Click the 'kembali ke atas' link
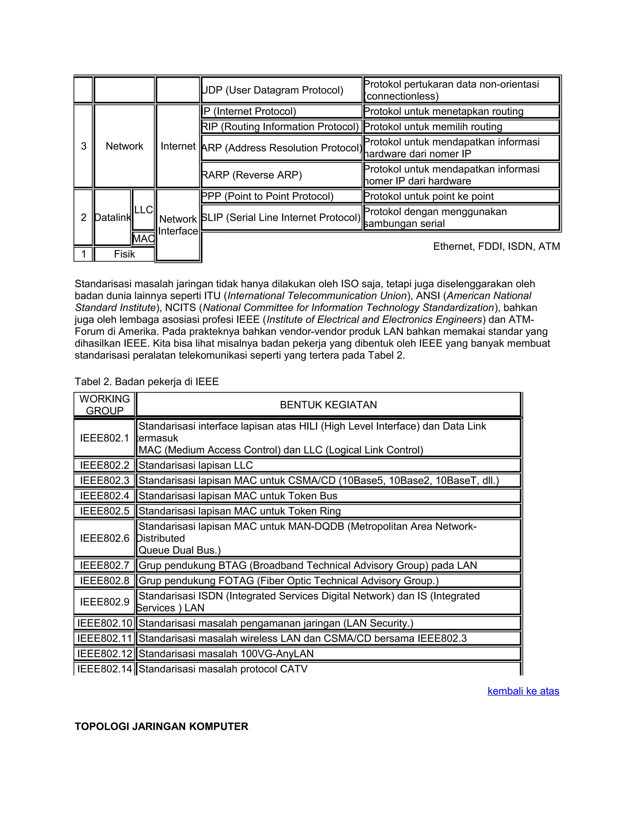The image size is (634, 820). [x=523, y=691]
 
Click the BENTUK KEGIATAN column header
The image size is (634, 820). [x=328, y=405]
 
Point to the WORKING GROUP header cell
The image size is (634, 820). [x=104, y=405]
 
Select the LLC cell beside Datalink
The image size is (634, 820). [x=143, y=210]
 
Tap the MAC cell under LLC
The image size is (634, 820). [x=143, y=238]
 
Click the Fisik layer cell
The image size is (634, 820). [x=124, y=254]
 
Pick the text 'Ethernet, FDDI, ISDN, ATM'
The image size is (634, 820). [x=496, y=246]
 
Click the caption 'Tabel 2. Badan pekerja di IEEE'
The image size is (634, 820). [x=146, y=382]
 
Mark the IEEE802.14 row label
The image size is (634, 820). [x=104, y=669]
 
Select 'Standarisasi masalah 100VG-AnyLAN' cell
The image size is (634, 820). [x=328, y=654]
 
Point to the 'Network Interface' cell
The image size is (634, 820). [x=178, y=225]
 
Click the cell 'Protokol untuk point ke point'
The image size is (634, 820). [x=461, y=196]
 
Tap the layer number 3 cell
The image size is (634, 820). [x=83, y=146]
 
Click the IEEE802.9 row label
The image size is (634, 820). [x=104, y=602]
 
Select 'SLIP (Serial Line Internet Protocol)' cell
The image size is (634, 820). [x=281, y=218]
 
